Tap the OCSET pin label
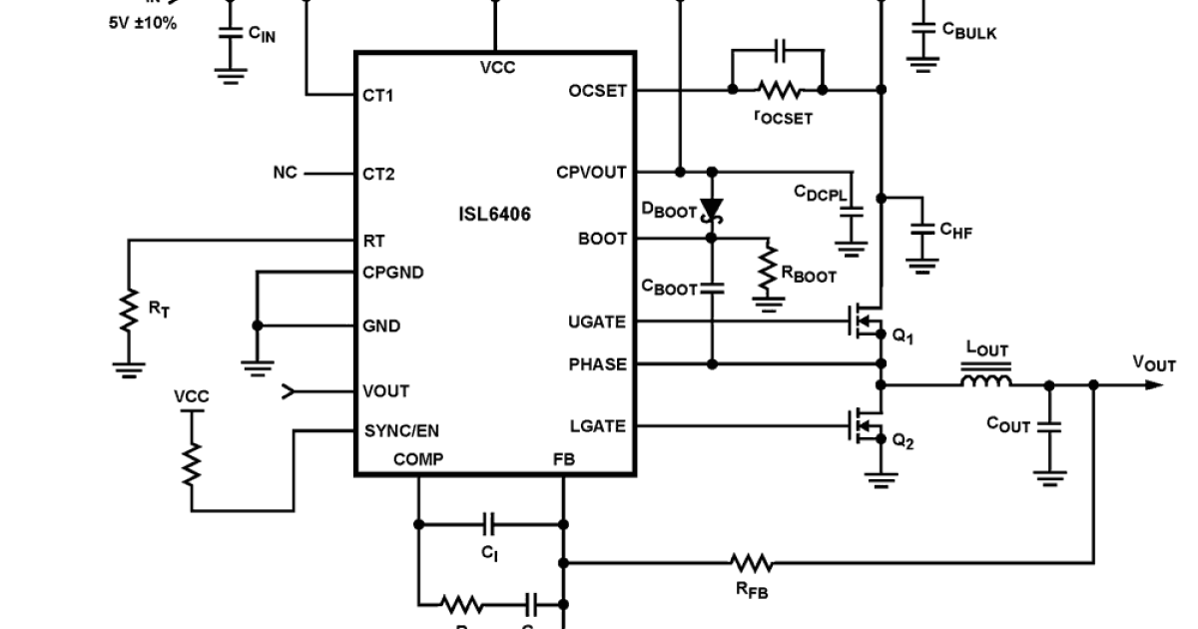[597, 90]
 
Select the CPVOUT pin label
[591, 172]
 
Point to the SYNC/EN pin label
[401, 430]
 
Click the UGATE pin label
[597, 321]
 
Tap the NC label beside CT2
[285, 173]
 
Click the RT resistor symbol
[128, 310]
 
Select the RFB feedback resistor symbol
[751, 563]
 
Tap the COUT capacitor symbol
[1049, 426]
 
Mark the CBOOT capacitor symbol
[711, 289]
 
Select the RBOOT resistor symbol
[768, 268]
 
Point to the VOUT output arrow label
[1154, 365]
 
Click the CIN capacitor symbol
[231, 33]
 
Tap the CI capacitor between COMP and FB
[489, 522]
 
